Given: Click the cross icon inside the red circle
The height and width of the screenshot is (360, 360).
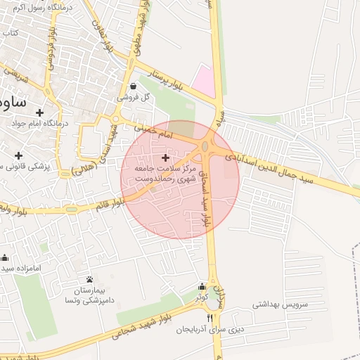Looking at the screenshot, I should point(166,157).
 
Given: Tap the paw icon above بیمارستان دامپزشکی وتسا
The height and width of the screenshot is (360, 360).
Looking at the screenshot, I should point(89,279).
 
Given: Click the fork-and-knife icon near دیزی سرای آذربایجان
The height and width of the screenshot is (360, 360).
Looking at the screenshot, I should point(209,319).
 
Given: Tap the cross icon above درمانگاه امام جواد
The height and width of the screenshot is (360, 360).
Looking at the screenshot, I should point(40,112).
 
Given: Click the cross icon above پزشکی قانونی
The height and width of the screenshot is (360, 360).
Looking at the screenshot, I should point(18,155).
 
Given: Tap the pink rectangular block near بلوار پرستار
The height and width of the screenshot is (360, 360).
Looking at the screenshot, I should point(203,81).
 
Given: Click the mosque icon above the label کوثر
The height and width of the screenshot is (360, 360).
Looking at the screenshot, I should point(202,286).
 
